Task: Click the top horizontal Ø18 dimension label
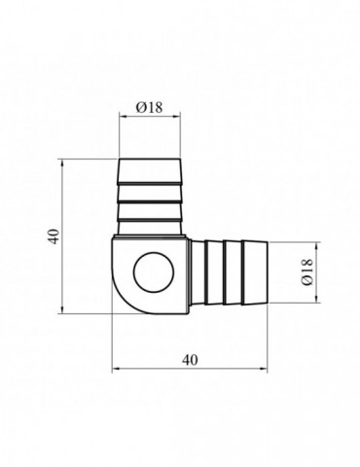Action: point(149,107)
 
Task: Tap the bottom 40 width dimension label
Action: point(190,360)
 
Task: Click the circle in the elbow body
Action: point(154,272)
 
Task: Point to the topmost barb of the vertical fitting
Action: point(150,171)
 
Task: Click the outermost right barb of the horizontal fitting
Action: point(255,272)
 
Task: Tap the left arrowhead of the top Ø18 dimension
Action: point(123,116)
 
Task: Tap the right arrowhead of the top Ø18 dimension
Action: point(176,116)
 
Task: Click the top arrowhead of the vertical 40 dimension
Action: point(62,162)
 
